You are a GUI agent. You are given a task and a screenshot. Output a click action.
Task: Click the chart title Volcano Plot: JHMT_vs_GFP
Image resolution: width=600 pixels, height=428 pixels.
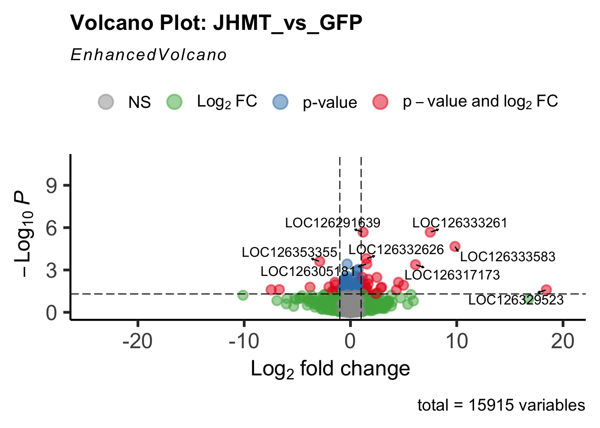pos(216,23)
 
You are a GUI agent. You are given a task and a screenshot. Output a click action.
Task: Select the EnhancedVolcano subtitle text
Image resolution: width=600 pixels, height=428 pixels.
pos(149,55)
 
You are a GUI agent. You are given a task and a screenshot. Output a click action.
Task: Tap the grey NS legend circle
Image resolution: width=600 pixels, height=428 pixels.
pos(106,102)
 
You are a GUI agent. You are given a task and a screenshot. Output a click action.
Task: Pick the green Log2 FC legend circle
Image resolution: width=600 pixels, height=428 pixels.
pos(174,102)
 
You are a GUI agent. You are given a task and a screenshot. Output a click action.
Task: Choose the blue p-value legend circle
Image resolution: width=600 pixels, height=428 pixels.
pos(280,102)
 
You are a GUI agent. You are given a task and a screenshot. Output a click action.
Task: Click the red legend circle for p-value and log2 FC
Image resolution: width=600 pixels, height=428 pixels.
pos(380,102)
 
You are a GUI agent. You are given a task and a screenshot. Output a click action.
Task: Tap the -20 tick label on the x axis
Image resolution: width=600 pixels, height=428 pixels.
pos(137,342)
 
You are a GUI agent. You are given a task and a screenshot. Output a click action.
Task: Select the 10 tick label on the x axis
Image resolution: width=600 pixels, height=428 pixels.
pos(456,342)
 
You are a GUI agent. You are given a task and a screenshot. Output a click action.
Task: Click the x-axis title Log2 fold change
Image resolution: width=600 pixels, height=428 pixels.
pos(330,369)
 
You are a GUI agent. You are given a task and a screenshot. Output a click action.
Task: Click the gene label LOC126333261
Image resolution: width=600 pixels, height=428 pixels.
pos(460,223)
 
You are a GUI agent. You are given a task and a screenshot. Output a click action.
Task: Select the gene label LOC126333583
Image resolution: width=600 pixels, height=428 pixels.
pos(508,257)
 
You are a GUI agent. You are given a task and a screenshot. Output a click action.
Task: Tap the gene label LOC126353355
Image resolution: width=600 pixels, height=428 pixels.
pos(289,252)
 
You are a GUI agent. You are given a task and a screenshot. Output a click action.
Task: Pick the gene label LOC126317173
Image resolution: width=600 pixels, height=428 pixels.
pos(452,275)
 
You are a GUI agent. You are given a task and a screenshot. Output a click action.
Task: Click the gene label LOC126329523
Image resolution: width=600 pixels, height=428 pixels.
pos(516,300)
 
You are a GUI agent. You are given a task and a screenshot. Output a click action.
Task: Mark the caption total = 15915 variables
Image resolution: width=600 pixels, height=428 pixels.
pos(501,405)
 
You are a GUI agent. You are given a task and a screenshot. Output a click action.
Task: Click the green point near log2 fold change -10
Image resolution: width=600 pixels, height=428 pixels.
pos(243,295)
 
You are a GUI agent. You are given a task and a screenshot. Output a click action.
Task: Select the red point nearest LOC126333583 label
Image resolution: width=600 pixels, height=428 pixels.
pos(455,247)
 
